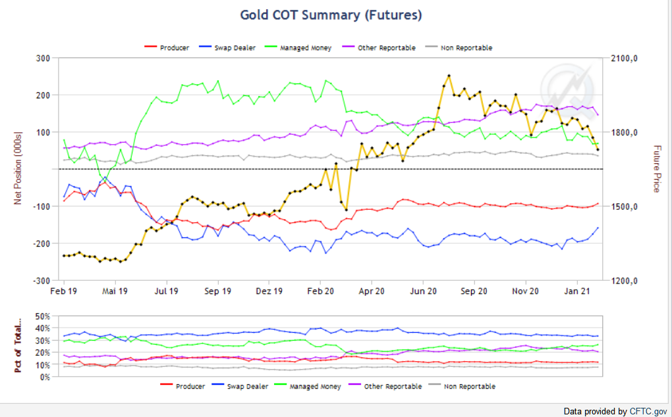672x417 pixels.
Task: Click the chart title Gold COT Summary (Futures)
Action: [331, 14]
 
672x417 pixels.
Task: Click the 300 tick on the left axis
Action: [43, 59]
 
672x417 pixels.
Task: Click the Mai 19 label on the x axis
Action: [114, 290]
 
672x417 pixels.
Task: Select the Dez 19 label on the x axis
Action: [269, 290]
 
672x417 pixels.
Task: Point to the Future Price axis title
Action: [656, 168]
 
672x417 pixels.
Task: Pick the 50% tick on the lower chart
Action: [43, 316]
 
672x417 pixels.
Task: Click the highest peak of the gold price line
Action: [449, 76]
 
